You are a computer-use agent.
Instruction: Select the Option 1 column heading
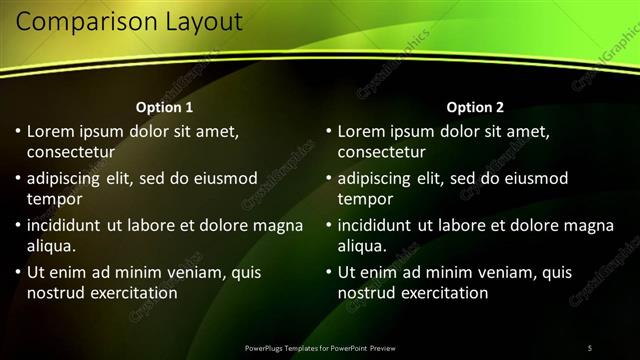click(x=164, y=107)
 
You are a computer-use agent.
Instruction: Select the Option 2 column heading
click(x=475, y=107)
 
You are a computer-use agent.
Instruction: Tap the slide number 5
click(x=590, y=348)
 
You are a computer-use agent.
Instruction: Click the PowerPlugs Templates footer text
click(x=320, y=348)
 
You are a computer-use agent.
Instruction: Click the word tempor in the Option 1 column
click(x=54, y=199)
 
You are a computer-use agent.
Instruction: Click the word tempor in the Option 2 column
click(x=365, y=199)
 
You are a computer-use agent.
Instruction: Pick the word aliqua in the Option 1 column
click(x=51, y=246)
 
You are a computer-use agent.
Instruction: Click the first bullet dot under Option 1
click(x=17, y=131)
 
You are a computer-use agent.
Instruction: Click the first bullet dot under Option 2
click(x=328, y=131)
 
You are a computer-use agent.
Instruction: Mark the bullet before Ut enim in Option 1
click(x=17, y=272)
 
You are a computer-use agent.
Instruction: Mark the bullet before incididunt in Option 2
click(x=328, y=225)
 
